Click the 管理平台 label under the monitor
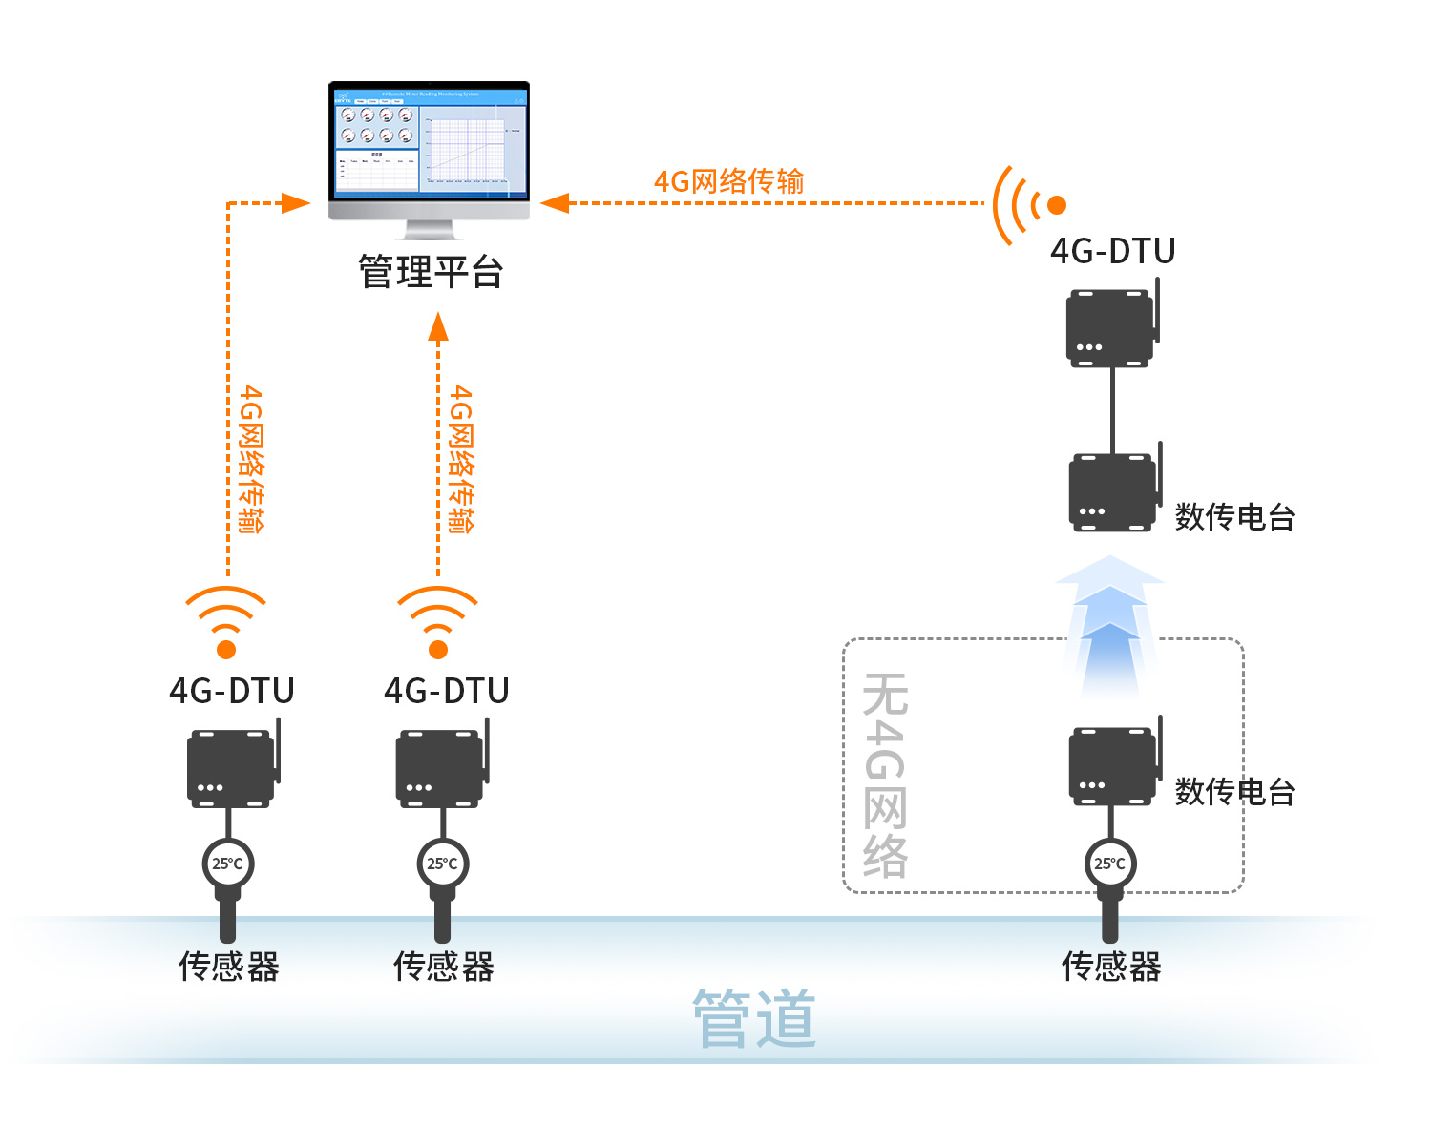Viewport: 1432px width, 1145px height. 431,272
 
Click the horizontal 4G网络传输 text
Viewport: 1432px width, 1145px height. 728,181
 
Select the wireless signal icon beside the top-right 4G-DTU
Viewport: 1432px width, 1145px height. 1027,204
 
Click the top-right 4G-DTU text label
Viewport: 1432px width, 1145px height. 1112,251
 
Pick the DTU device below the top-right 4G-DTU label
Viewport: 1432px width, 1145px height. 1111,326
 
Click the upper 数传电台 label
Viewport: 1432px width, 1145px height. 1234,517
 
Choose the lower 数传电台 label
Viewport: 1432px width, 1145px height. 1234,791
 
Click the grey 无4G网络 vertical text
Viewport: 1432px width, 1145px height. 885,774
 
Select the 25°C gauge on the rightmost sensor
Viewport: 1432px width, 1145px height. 1109,864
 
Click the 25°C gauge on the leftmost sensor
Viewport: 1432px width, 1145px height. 227,864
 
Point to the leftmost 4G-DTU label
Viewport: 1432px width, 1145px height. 232,691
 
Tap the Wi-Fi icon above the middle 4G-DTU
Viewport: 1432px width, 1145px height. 437,621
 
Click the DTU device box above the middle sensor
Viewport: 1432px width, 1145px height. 440,768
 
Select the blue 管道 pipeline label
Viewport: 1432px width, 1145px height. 754,1019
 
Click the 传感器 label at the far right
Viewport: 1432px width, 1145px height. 1111,967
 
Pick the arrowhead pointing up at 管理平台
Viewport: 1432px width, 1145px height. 438,326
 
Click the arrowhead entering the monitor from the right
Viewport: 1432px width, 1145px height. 555,203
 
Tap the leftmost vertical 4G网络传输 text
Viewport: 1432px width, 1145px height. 251,459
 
